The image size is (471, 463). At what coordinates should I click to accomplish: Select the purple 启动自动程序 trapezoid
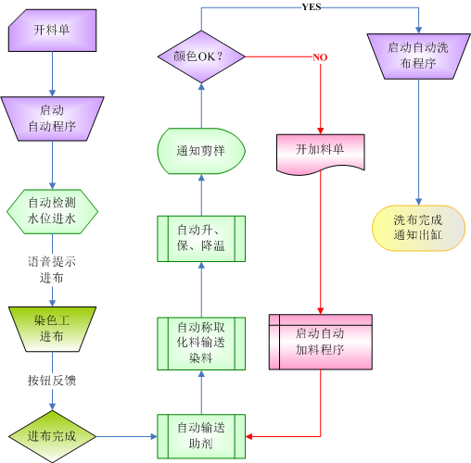[52, 118]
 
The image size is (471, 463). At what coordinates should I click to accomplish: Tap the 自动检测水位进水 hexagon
[52, 209]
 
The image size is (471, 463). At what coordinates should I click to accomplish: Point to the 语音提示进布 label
[52, 269]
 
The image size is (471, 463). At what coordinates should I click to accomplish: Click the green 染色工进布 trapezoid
[52, 328]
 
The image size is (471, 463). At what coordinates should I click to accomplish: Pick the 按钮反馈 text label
[52, 381]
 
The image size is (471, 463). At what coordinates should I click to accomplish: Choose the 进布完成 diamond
[52, 435]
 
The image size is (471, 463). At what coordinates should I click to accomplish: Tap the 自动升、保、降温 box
[201, 239]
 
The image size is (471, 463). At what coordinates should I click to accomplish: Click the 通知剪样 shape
[201, 150]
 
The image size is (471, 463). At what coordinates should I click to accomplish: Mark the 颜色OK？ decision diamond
[201, 57]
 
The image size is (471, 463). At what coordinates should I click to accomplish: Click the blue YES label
[312, 6]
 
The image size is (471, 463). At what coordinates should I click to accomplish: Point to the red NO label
[320, 57]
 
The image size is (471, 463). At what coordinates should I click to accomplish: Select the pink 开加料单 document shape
[320, 151]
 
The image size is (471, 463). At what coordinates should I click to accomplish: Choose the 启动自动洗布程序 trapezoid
[418, 57]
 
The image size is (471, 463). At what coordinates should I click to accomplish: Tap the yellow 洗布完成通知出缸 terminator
[418, 228]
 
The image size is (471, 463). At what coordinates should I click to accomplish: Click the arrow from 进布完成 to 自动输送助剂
[125, 435]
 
